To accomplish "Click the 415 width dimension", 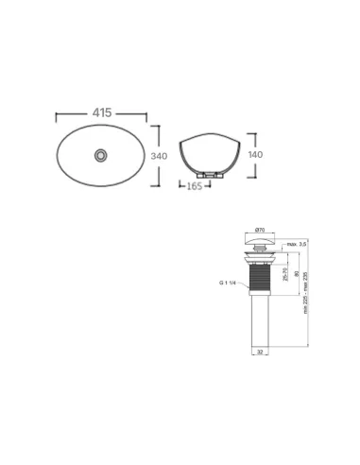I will pyautogui.click(x=102, y=112).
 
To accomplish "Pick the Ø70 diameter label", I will pyautogui.click(x=260, y=230).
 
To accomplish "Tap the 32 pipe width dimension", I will pyautogui.click(x=260, y=350).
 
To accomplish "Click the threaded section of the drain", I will pyautogui.click(x=260, y=280).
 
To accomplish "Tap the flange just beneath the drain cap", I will pyautogui.click(x=260, y=254).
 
